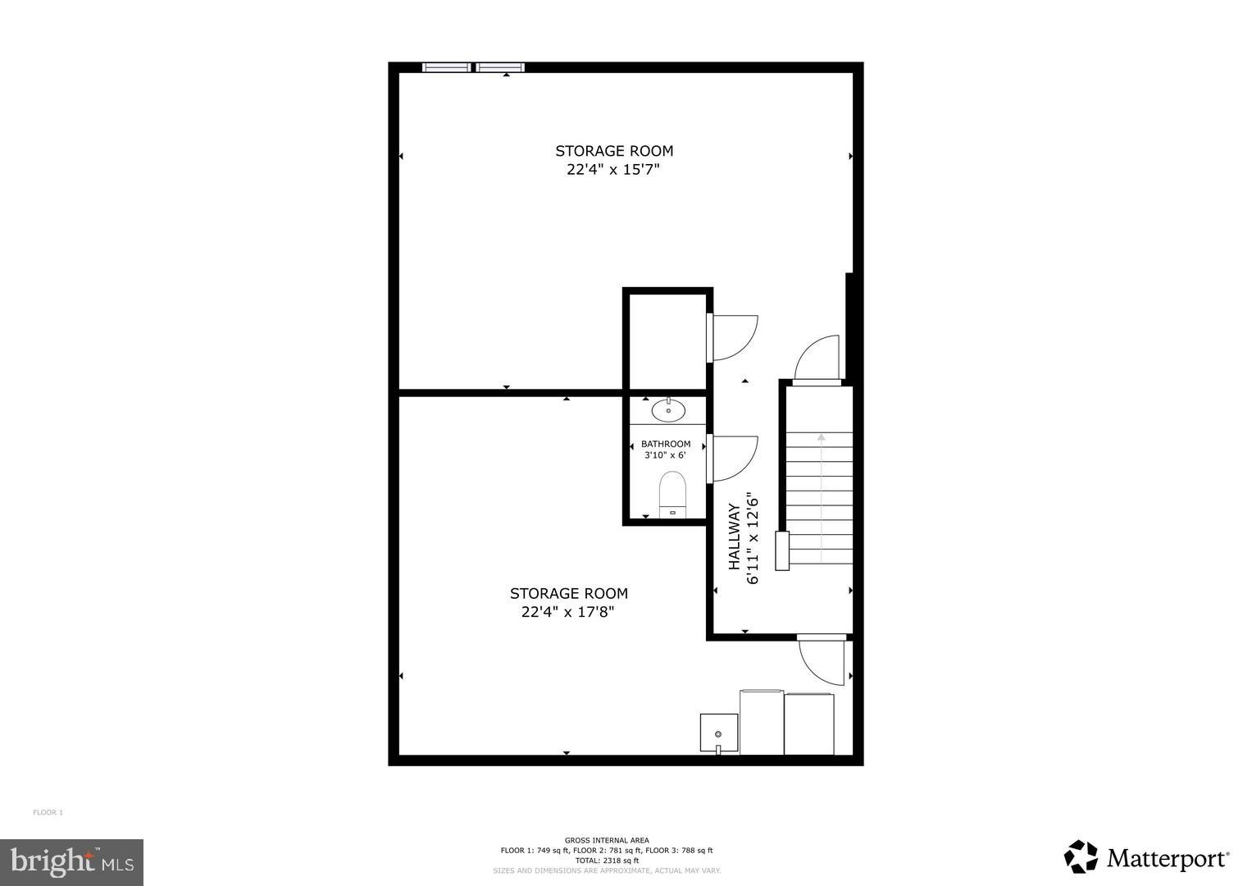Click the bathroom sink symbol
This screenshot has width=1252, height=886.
(669, 410)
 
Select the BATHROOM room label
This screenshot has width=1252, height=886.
(666, 444)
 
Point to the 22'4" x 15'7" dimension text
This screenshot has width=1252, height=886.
(613, 170)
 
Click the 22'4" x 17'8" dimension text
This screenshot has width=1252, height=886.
(568, 612)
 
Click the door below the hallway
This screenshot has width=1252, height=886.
(822, 660)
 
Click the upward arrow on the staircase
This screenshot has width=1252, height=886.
(821, 439)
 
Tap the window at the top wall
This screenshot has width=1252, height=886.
(473, 67)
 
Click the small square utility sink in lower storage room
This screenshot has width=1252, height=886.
(718, 733)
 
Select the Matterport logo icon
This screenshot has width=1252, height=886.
(1081, 856)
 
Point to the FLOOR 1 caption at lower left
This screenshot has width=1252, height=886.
(48, 813)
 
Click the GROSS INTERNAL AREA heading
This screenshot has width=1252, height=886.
(607, 840)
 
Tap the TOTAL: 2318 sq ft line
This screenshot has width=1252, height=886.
(607, 861)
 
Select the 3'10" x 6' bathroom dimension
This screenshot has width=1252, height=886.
(665, 455)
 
